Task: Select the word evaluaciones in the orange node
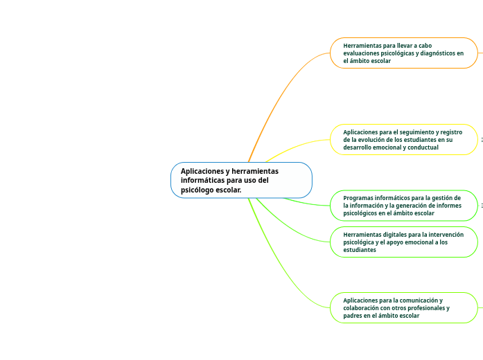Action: coord(362,53)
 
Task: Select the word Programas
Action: coord(358,198)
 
